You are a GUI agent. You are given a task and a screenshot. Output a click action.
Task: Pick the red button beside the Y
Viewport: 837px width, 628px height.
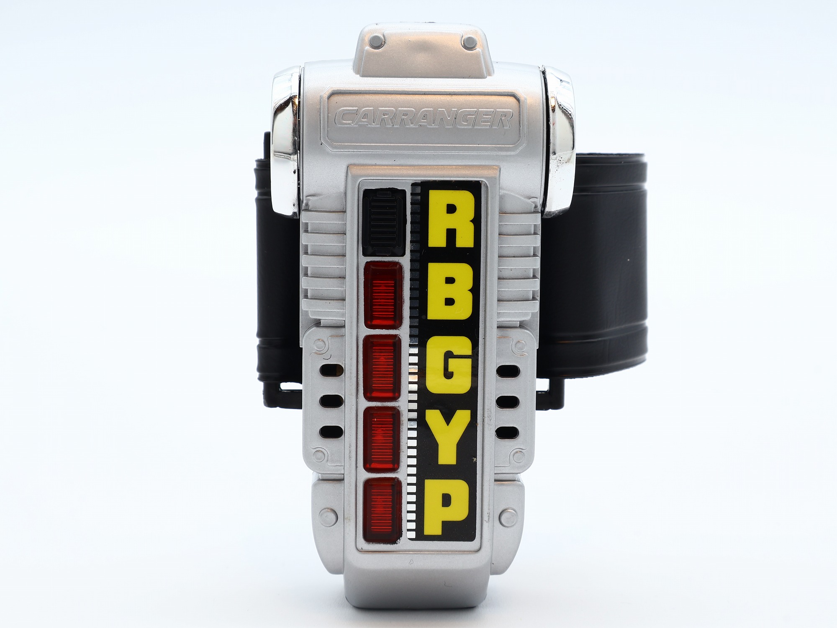(381, 438)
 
